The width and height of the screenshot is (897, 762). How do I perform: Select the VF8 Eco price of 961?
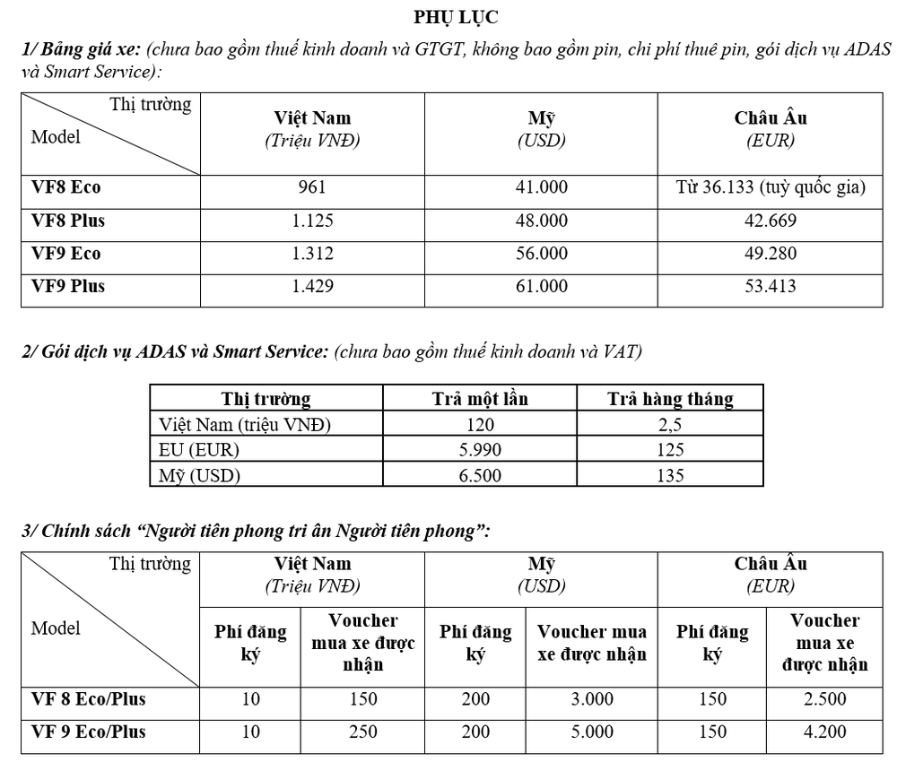tap(312, 188)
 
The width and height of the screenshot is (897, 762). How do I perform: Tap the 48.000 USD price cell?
tap(542, 221)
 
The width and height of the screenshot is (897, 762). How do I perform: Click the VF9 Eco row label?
tap(66, 254)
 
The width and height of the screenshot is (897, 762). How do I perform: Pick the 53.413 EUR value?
tap(771, 287)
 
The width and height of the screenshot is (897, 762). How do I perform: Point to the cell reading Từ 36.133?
tap(771, 188)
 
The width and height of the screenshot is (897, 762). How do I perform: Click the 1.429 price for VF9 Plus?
tap(312, 287)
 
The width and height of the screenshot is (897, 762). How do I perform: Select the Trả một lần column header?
tap(480, 399)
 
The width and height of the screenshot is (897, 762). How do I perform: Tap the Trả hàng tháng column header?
tap(669, 399)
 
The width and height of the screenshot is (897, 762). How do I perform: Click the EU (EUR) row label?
tap(199, 450)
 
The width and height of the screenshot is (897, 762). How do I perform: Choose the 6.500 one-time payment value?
tap(480, 475)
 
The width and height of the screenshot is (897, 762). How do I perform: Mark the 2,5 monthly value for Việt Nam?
tap(669, 425)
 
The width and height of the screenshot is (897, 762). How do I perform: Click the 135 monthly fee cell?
tap(669, 475)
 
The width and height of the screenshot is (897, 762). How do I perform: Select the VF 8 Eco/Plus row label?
tap(88, 698)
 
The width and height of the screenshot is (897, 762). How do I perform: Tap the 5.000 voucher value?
tap(592, 732)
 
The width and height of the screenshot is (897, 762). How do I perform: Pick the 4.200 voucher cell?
tap(824, 732)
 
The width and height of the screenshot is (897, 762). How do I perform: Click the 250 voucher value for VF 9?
tap(362, 732)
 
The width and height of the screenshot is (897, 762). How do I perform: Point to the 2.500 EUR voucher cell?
tap(824, 698)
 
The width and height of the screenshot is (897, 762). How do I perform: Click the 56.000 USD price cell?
tap(542, 254)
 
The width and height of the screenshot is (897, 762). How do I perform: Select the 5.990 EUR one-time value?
tap(480, 450)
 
